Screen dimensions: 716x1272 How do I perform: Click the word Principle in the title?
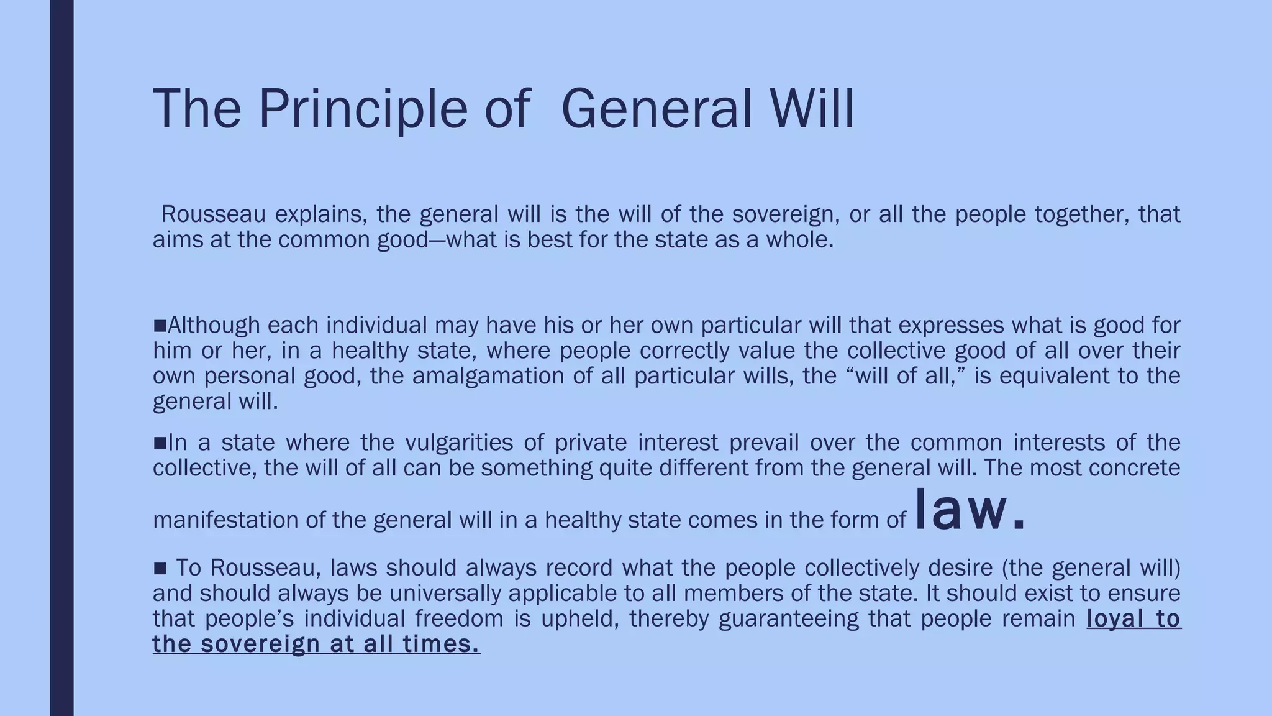click(x=361, y=109)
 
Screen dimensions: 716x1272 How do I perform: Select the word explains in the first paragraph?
click(x=316, y=214)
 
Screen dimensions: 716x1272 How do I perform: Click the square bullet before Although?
click(x=160, y=325)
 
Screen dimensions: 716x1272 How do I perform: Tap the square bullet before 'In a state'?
click(x=160, y=443)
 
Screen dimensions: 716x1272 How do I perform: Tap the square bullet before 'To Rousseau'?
click(x=160, y=568)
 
